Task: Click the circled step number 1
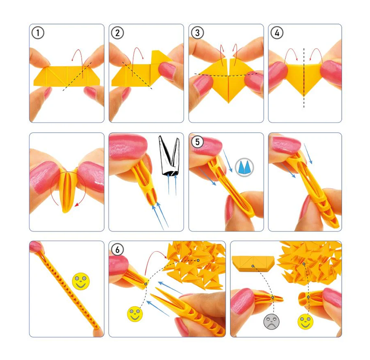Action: point(38,33)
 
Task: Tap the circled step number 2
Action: point(117,33)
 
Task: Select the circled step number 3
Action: point(197,33)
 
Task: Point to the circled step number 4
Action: point(277,33)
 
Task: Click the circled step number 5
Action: point(197,142)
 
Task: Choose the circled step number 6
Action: point(117,249)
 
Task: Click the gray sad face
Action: point(271,322)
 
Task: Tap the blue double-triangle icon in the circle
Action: point(245,167)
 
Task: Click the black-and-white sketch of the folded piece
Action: point(169,156)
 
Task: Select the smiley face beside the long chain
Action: point(80,281)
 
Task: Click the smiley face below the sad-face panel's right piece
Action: point(305,322)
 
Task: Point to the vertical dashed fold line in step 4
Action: point(304,78)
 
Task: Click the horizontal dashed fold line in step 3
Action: point(226,74)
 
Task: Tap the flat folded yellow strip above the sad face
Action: point(253,264)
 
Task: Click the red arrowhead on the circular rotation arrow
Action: point(77,205)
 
